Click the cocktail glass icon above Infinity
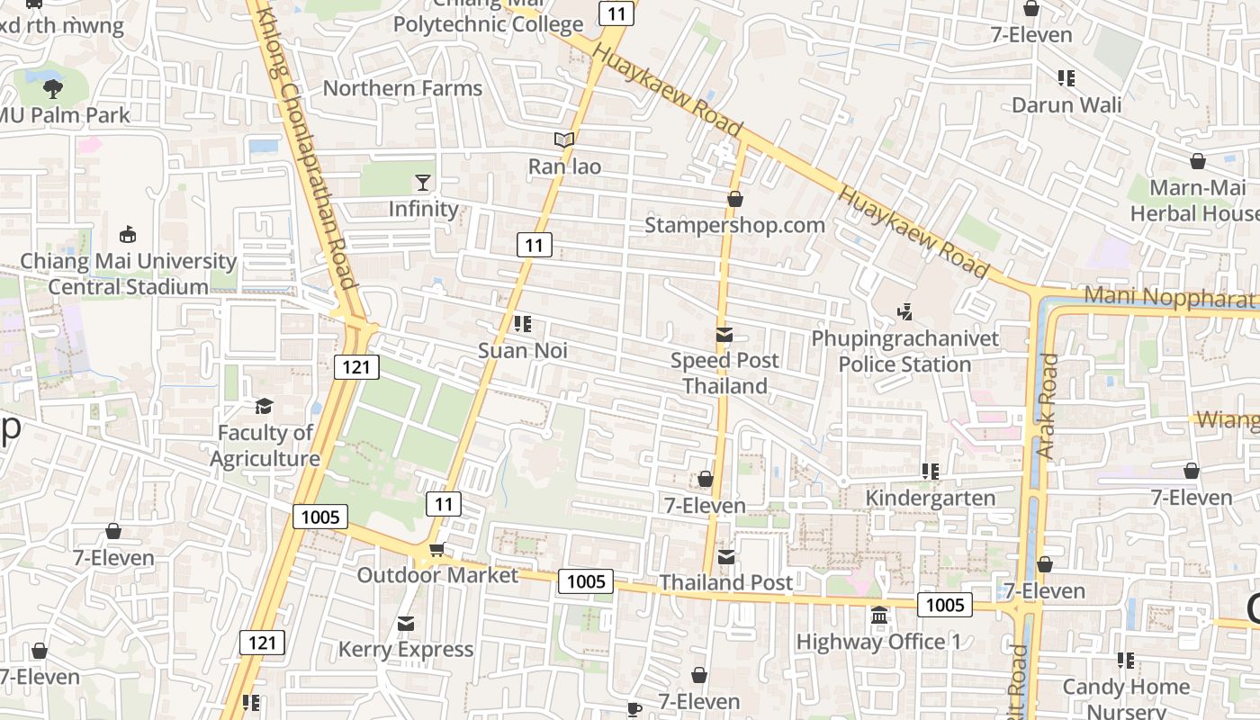(x=423, y=183)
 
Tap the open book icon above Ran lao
(x=564, y=140)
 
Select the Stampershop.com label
(x=734, y=225)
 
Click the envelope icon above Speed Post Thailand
(x=724, y=336)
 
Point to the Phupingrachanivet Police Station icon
(x=905, y=312)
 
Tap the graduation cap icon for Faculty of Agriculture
(x=264, y=407)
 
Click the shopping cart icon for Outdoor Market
(x=437, y=549)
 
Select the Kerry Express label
(x=406, y=649)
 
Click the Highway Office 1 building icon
(x=879, y=616)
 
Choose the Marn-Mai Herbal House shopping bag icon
(x=1198, y=162)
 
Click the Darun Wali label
(x=1066, y=104)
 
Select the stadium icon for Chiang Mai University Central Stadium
(x=128, y=235)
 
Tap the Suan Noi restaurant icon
(x=522, y=324)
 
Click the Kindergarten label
(x=931, y=498)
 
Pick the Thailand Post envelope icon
(x=725, y=557)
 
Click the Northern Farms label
(x=402, y=88)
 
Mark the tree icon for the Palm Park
(x=53, y=88)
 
